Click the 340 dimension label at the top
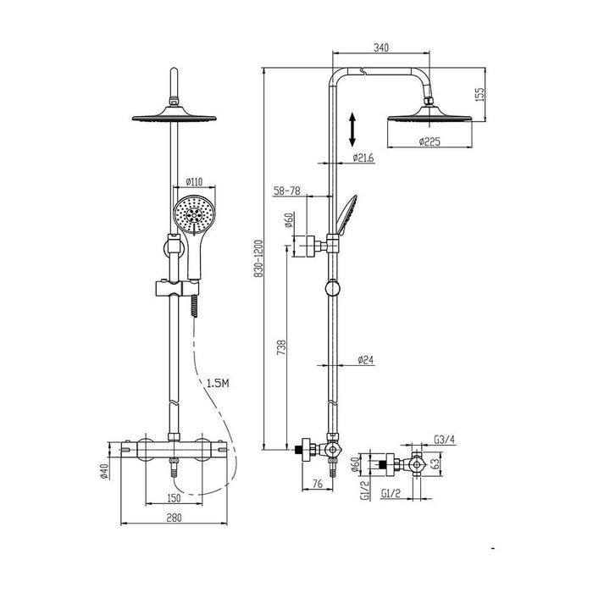(381, 47)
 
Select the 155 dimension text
(479, 94)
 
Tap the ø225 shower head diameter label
(430, 141)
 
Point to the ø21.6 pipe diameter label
(363, 158)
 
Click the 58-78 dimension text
(287, 191)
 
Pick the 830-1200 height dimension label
(258, 258)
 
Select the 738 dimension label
(282, 347)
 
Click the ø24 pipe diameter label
(365, 360)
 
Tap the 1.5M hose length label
(218, 383)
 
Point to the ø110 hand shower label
(194, 182)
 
